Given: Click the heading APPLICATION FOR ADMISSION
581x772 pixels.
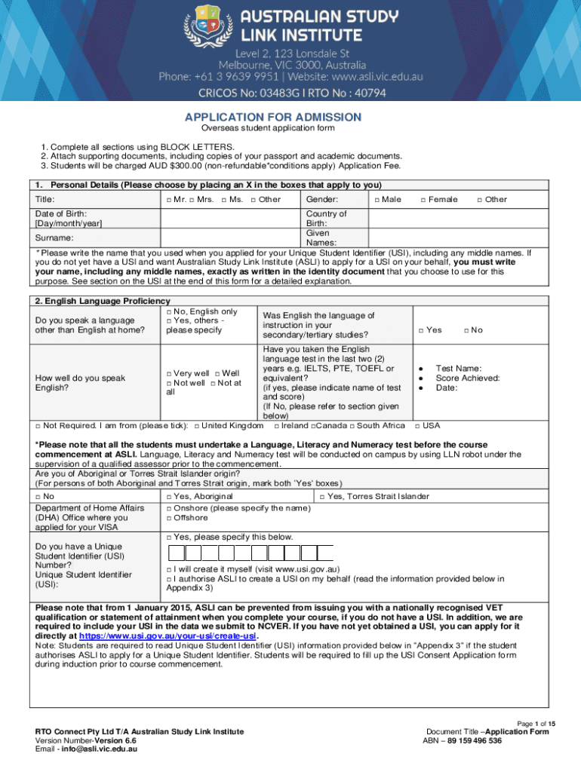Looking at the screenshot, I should pyautogui.click(x=274, y=117).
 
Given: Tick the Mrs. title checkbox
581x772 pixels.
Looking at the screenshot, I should pyautogui.click(x=192, y=200).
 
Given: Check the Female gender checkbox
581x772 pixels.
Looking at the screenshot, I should pyautogui.click(x=423, y=200).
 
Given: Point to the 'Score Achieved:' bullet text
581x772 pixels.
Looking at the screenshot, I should pyautogui.click(x=468, y=378).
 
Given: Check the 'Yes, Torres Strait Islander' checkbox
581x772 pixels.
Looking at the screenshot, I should pyautogui.click(x=323, y=496).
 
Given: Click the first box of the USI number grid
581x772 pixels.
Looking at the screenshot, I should pyautogui.click(x=174, y=553).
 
